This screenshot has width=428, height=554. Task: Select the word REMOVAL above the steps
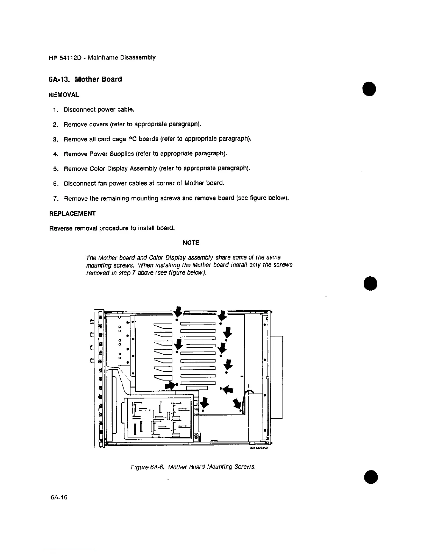(65, 95)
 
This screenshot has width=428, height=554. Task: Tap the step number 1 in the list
(55, 110)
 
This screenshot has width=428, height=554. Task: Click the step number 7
(55, 198)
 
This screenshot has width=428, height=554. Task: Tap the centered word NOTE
(191, 243)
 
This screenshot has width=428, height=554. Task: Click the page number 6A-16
(58, 497)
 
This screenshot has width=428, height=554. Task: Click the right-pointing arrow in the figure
(170, 385)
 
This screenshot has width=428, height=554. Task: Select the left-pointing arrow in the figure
(228, 389)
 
